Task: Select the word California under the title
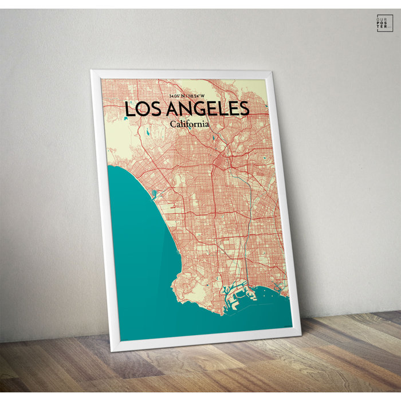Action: [189, 123]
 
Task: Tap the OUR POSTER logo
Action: [385, 22]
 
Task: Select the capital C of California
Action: [172, 123]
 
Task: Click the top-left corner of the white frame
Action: [92, 72]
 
